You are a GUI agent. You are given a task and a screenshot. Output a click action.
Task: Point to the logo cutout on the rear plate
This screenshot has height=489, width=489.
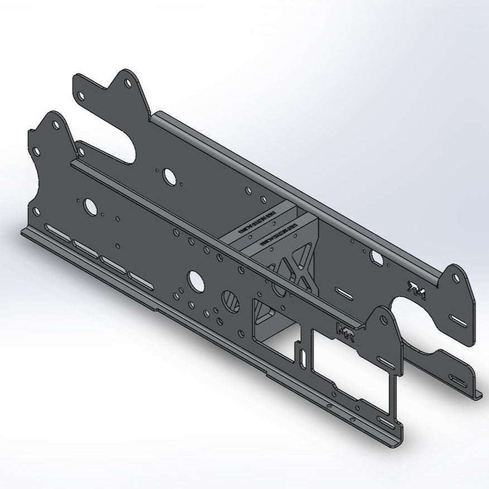pyautogui.click(x=416, y=289)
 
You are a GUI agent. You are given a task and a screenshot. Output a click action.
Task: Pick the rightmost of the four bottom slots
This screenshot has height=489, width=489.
pyautogui.click(x=142, y=279)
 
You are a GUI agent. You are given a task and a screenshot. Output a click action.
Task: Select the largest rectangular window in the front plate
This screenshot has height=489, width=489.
pyautogui.click(x=352, y=363)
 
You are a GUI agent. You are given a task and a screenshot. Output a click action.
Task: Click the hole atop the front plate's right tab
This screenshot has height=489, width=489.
pyautogui.click(x=383, y=320)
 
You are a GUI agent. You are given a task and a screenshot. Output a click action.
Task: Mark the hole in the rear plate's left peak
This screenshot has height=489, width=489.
pyautogui.click(x=128, y=83)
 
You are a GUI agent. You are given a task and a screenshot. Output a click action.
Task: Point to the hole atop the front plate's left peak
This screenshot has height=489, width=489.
pyautogui.click(x=55, y=126)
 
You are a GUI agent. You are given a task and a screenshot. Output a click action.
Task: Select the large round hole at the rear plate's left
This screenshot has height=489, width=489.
pyautogui.click(x=168, y=176)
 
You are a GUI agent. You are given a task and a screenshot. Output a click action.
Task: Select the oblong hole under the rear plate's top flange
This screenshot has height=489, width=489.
pyautogui.click(x=377, y=258)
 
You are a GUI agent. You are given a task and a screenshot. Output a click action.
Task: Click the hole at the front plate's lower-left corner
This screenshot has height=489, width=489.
pyautogui.click(x=37, y=212)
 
